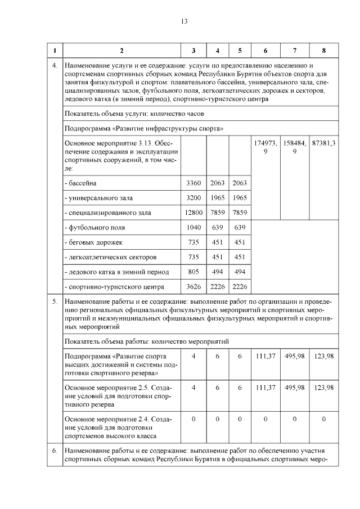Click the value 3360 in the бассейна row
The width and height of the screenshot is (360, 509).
(193, 183)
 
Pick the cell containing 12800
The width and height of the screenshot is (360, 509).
(193, 213)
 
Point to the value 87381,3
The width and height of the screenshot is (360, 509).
(323, 143)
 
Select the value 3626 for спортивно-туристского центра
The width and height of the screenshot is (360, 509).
(193, 286)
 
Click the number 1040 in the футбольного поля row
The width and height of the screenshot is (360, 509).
(193, 228)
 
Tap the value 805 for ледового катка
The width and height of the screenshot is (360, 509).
(193, 272)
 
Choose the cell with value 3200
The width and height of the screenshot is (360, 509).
(193, 198)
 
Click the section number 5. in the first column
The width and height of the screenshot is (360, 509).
(55, 302)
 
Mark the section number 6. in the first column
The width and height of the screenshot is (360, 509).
(55, 451)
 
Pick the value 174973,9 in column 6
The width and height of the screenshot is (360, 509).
(265, 147)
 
